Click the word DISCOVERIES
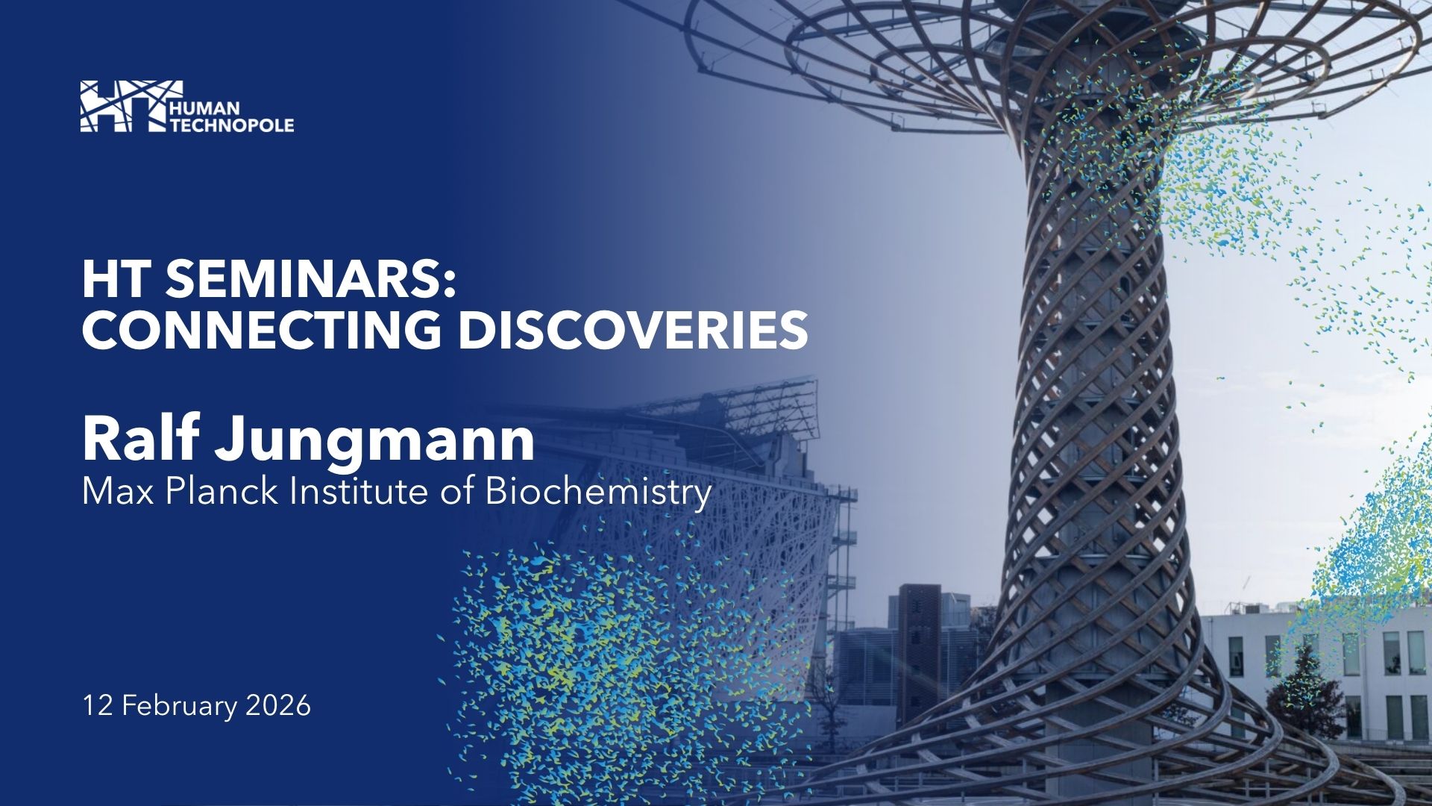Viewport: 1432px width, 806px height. [x=633, y=330]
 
